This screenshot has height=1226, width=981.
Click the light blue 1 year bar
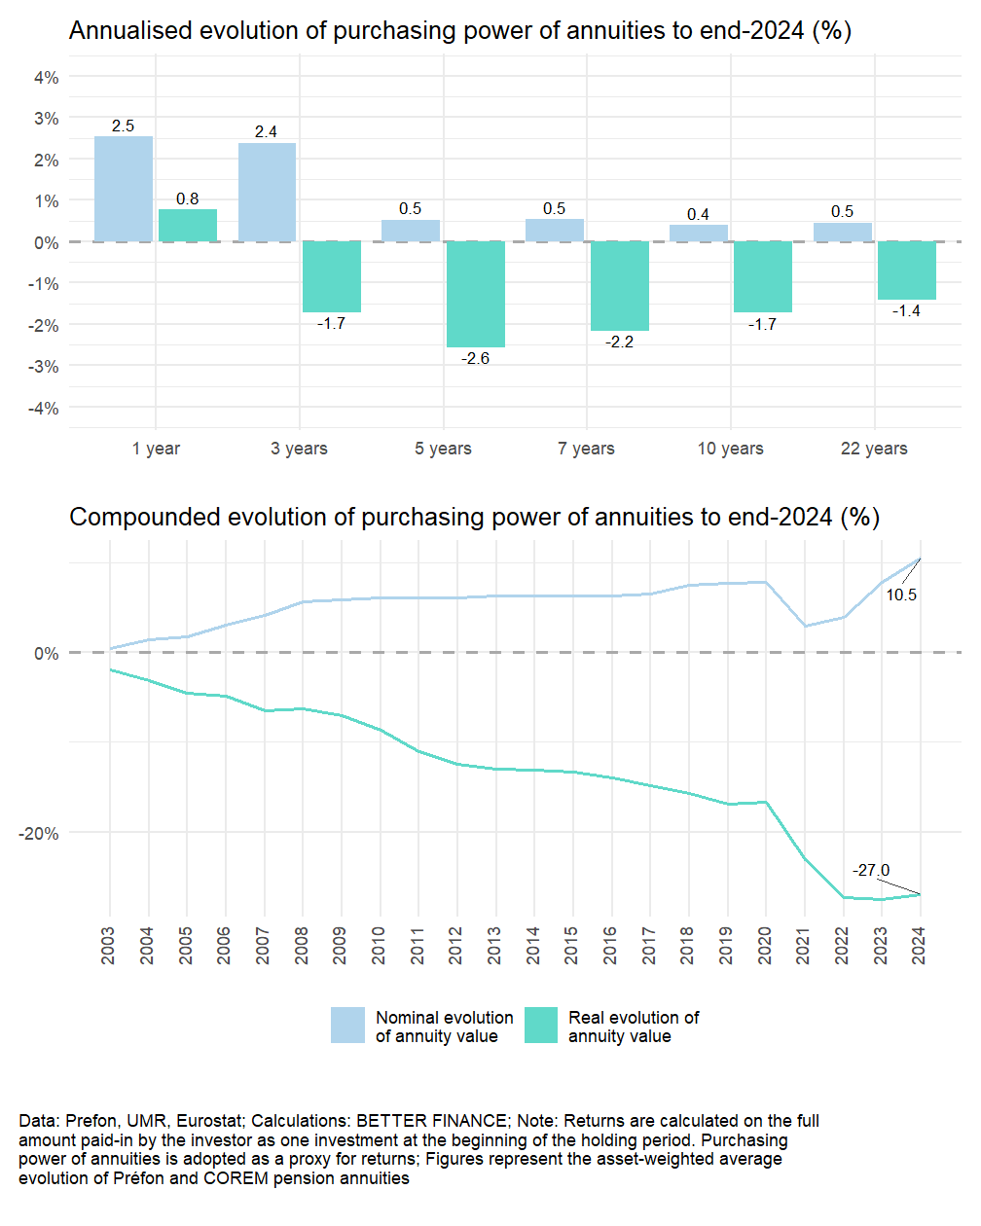(x=124, y=189)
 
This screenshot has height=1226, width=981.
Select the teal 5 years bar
(x=476, y=294)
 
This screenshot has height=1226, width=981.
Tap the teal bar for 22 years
(x=907, y=270)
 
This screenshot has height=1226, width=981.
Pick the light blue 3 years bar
(x=267, y=193)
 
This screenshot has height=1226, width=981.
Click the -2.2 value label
(x=619, y=343)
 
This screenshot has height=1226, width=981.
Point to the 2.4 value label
(x=266, y=131)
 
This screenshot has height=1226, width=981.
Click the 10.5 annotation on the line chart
(x=901, y=595)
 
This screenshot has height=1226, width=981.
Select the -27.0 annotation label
(x=871, y=870)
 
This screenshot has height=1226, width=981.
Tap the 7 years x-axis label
(x=586, y=449)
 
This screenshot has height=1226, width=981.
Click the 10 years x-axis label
(x=730, y=449)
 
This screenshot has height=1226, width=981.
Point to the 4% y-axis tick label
(x=46, y=77)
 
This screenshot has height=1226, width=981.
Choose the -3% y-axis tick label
(x=43, y=367)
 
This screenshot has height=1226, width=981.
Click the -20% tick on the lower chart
(x=38, y=834)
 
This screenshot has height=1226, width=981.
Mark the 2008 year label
(x=302, y=945)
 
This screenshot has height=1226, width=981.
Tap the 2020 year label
(x=765, y=945)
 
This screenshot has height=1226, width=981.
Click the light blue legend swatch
(x=347, y=1026)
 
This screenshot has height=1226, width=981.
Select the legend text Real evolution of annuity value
(x=634, y=1027)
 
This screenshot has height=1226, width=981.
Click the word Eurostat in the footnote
(x=205, y=1121)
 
